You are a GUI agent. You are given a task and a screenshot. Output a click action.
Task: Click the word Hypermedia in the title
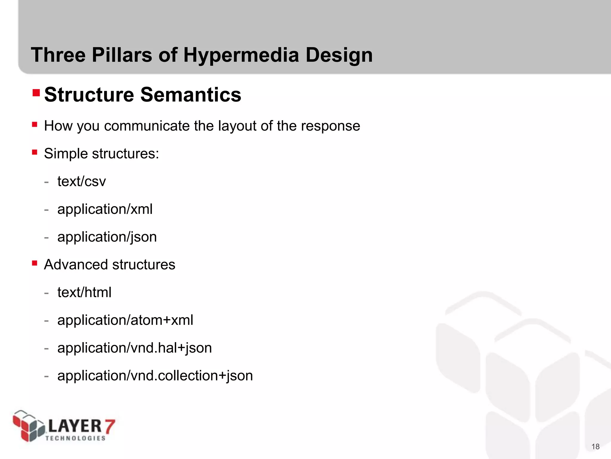(x=241, y=55)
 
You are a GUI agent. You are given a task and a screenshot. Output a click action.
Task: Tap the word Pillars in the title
(x=122, y=55)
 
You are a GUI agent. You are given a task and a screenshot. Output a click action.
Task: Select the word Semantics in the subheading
(x=191, y=95)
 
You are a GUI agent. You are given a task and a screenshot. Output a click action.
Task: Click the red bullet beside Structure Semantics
(x=36, y=93)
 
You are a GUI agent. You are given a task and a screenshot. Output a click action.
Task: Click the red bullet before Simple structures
(x=35, y=152)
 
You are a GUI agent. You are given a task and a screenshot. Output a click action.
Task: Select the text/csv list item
(x=81, y=181)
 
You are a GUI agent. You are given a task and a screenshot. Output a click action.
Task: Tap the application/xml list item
(x=105, y=209)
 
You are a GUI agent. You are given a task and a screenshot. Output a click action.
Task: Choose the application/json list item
(x=107, y=237)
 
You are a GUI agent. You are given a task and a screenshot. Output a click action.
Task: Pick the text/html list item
(x=84, y=292)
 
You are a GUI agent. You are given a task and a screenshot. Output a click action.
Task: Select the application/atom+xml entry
(x=125, y=320)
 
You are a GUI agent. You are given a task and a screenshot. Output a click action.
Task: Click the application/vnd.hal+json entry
(x=134, y=348)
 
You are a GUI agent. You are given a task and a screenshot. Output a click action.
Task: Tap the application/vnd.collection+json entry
(x=155, y=376)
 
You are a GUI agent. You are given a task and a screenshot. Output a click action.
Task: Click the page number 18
(x=595, y=446)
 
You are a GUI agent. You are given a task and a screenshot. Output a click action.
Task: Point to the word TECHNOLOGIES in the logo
(x=75, y=438)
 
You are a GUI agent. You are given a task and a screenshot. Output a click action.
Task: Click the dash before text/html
(x=46, y=293)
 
